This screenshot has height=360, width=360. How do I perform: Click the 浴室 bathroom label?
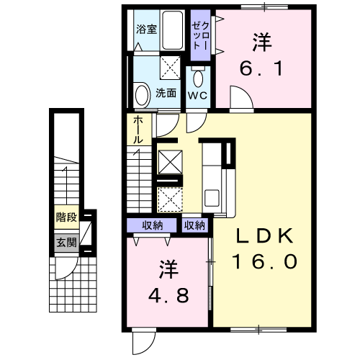146,30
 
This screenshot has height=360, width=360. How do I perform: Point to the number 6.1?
261,70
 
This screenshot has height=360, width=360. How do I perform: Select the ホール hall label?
138,130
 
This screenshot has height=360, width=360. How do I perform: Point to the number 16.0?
264,263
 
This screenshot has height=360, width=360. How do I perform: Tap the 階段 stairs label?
66,215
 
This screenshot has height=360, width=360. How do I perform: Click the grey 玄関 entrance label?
66,243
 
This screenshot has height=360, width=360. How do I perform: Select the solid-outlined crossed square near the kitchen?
168,161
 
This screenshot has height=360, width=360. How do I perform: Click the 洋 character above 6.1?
261,42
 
